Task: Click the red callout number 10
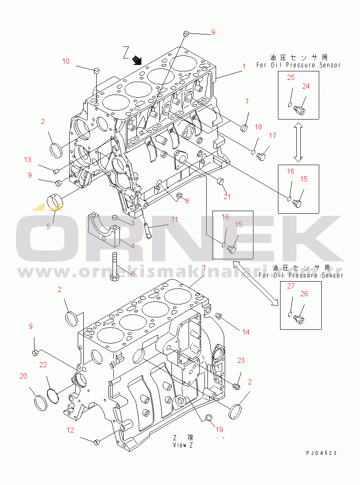[66, 61]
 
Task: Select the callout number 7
[247, 101]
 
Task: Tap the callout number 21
[227, 196]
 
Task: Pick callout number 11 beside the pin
[174, 219]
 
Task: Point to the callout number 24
[305, 86]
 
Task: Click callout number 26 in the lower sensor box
[304, 294]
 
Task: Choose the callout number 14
[245, 332]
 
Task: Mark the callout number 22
[43, 365]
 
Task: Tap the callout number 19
[219, 429]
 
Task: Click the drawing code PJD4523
[321, 453]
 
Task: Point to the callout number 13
[27, 160]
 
